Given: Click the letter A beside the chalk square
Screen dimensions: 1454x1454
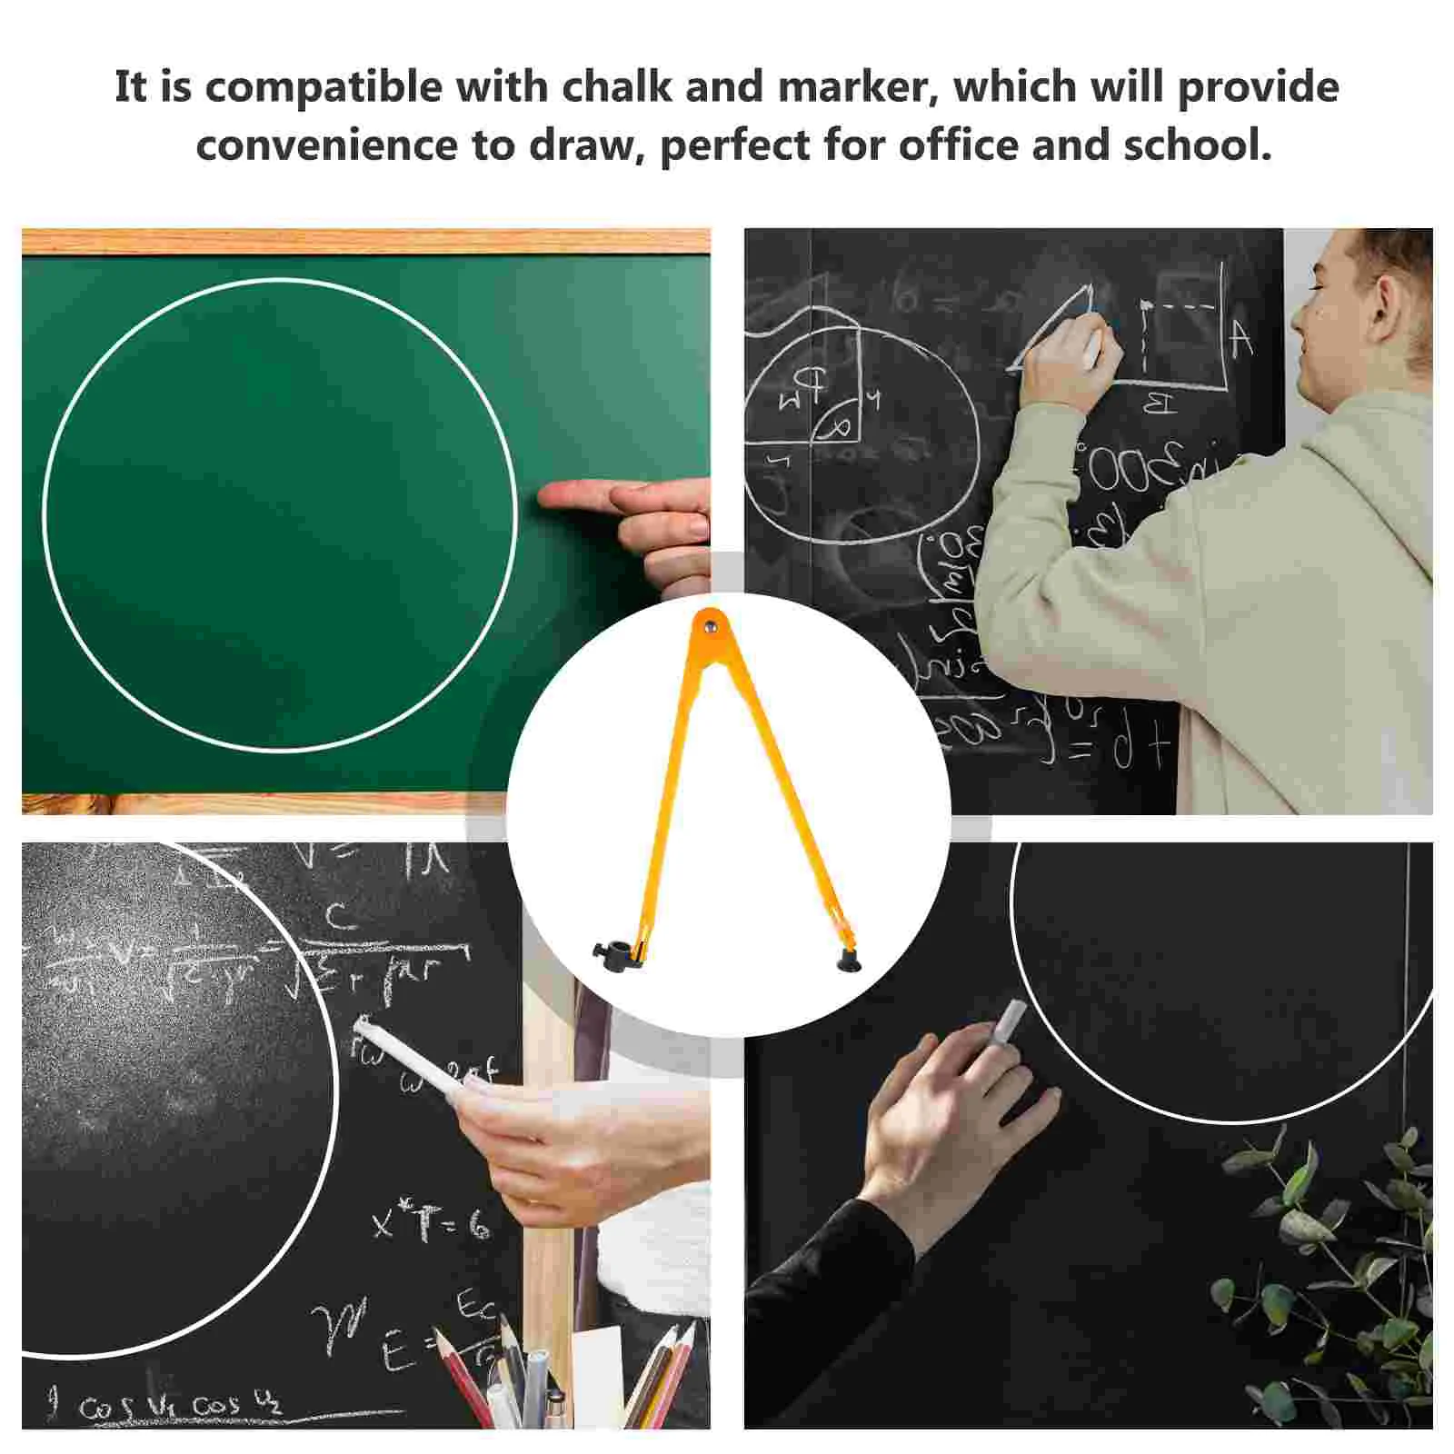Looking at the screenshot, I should point(1241,338).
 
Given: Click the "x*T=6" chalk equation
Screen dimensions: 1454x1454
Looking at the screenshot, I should point(430,1222).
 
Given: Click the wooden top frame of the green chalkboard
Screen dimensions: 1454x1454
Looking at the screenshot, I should point(363,241).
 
